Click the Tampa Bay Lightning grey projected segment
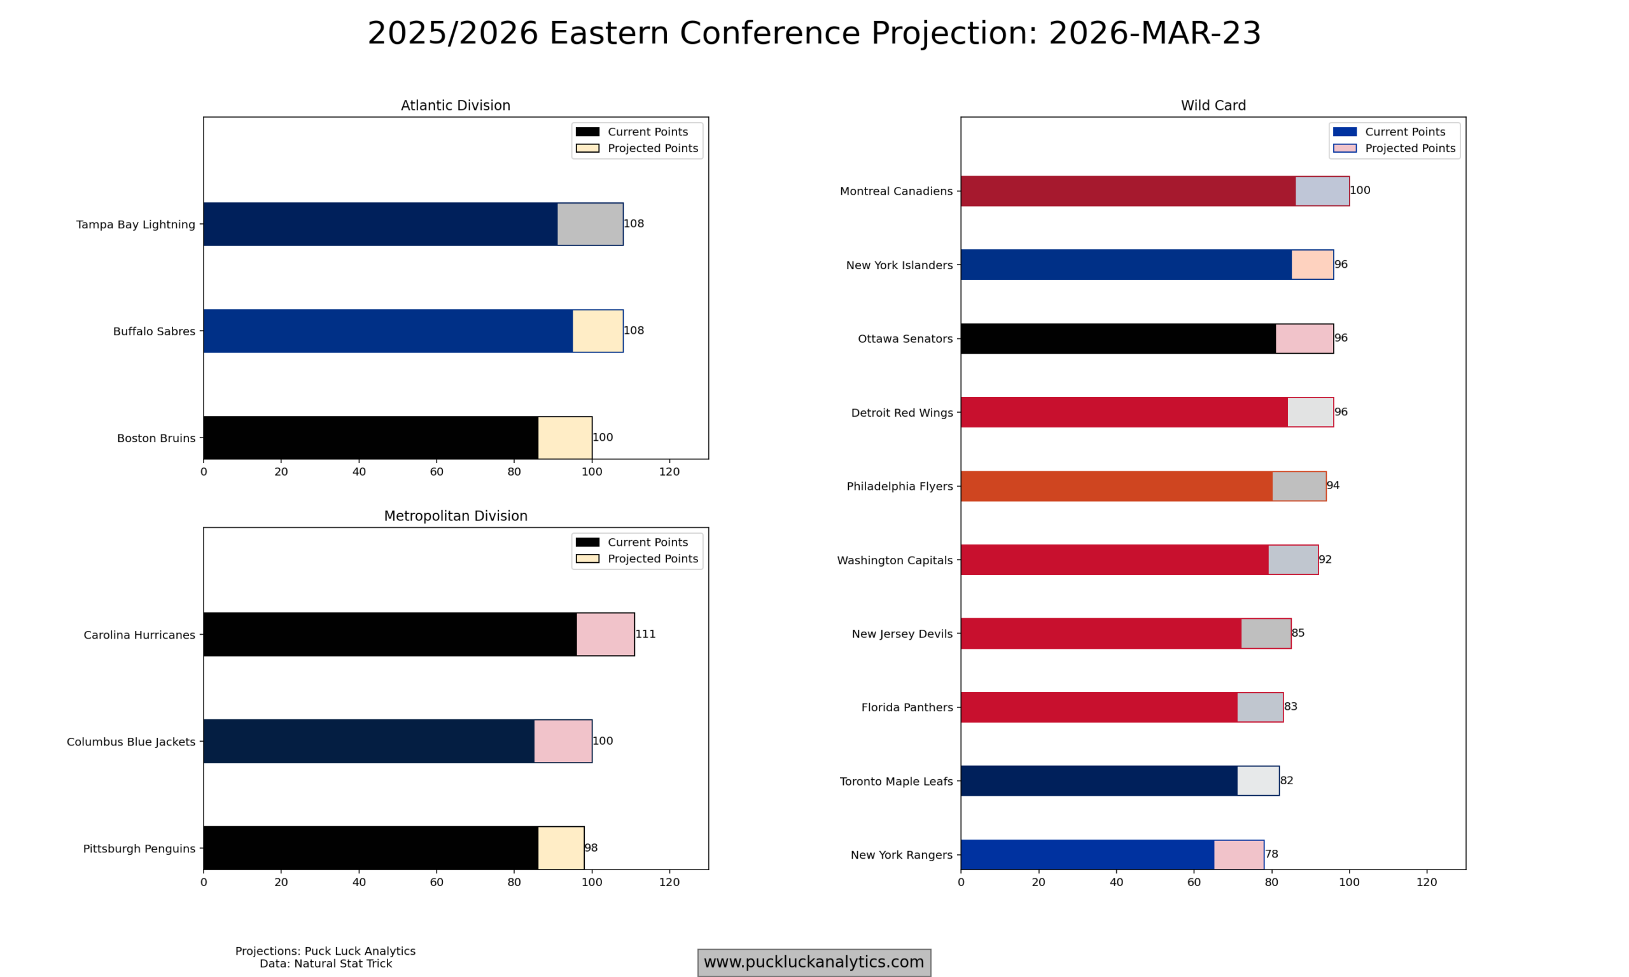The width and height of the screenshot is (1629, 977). pyautogui.click(x=590, y=224)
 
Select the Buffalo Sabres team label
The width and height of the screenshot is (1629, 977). pyautogui.click(x=154, y=331)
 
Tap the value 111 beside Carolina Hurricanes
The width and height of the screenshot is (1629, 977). pyautogui.click(x=645, y=634)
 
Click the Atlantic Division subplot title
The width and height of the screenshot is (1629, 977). pyautogui.click(x=456, y=106)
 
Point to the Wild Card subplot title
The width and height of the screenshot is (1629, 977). pyautogui.click(x=1213, y=106)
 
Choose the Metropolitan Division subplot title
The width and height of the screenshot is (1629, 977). pyautogui.click(x=456, y=516)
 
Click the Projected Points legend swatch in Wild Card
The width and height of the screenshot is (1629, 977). pyautogui.click(x=1345, y=148)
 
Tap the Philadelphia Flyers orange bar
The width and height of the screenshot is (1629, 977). pyautogui.click(x=1116, y=486)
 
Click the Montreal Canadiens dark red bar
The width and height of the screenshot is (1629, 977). pyautogui.click(x=1128, y=191)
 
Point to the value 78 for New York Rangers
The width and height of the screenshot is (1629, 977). pyautogui.click(x=1271, y=854)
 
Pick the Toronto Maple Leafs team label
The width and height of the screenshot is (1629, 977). pyautogui.click(x=896, y=782)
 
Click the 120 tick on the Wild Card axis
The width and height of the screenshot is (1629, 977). pyautogui.click(x=1427, y=882)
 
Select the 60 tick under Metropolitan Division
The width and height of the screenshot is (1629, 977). pyautogui.click(x=437, y=882)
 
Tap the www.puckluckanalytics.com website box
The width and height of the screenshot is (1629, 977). pyautogui.click(x=814, y=962)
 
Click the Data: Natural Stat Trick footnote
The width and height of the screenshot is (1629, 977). pyautogui.click(x=325, y=964)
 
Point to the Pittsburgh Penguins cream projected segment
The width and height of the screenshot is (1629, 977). pyautogui.click(x=561, y=848)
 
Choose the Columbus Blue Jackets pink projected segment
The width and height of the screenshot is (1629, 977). pyautogui.click(x=563, y=741)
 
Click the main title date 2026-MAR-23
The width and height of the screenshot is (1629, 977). pyautogui.click(x=1154, y=33)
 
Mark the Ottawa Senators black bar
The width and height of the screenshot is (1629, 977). pyautogui.click(x=1118, y=338)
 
